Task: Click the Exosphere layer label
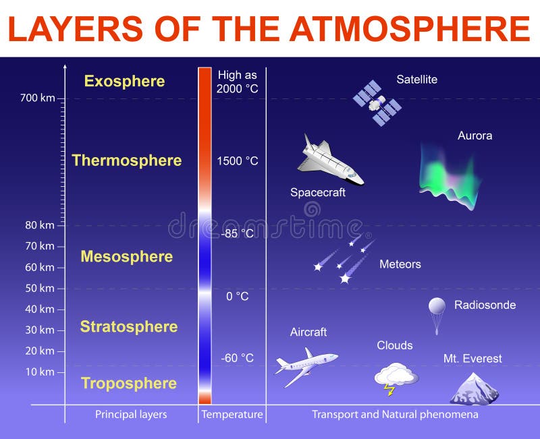[x=124, y=82]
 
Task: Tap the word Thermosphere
[x=127, y=160]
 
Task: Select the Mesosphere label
[x=126, y=256]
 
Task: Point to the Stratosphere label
[x=129, y=327]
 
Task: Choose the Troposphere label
[x=129, y=384]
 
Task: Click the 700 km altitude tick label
[x=37, y=98]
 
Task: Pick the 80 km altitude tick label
[x=40, y=225]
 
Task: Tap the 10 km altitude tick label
[x=40, y=372]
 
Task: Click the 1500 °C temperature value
[x=238, y=161]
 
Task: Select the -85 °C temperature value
[x=238, y=233]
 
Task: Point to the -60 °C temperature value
[x=238, y=358]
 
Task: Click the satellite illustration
[x=377, y=103]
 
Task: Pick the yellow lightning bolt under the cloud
[x=389, y=389]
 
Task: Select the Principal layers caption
[x=131, y=414]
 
